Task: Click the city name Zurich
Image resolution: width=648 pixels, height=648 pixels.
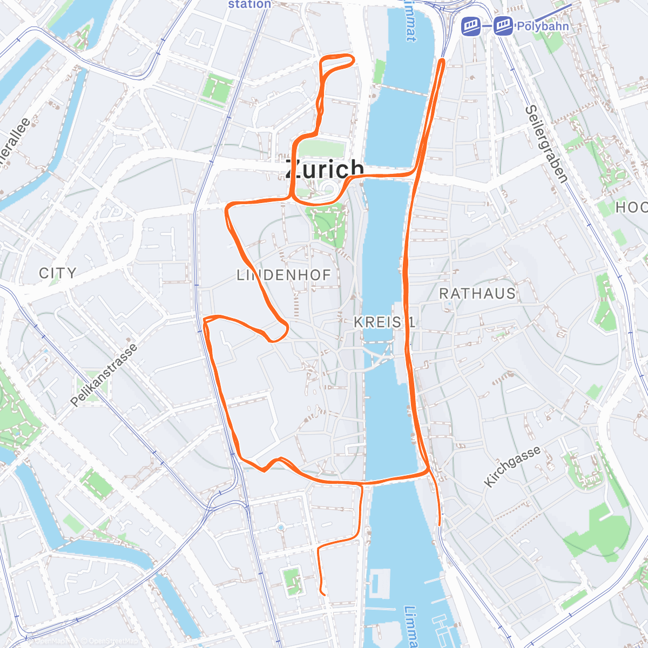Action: (x=324, y=169)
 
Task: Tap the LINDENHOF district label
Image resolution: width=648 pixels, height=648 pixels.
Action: (x=283, y=275)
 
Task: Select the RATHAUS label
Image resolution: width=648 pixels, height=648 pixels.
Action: (x=477, y=293)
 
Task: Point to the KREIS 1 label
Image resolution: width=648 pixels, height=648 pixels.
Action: (x=384, y=322)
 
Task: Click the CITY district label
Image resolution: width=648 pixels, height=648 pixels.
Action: (x=57, y=273)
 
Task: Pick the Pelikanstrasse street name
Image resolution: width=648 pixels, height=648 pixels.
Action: (x=104, y=376)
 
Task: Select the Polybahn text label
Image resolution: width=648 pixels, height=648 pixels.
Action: (x=542, y=26)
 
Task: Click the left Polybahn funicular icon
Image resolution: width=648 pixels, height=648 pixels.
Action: (x=471, y=25)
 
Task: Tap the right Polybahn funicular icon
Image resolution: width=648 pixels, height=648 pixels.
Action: (x=503, y=25)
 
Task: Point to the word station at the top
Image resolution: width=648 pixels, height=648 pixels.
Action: (x=249, y=4)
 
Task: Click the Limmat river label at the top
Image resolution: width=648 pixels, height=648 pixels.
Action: (x=410, y=22)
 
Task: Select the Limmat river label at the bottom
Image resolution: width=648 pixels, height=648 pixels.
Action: (x=411, y=626)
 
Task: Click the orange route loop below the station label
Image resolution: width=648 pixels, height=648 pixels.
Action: (x=337, y=64)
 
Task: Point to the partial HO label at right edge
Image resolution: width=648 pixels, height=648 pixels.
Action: (x=631, y=207)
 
